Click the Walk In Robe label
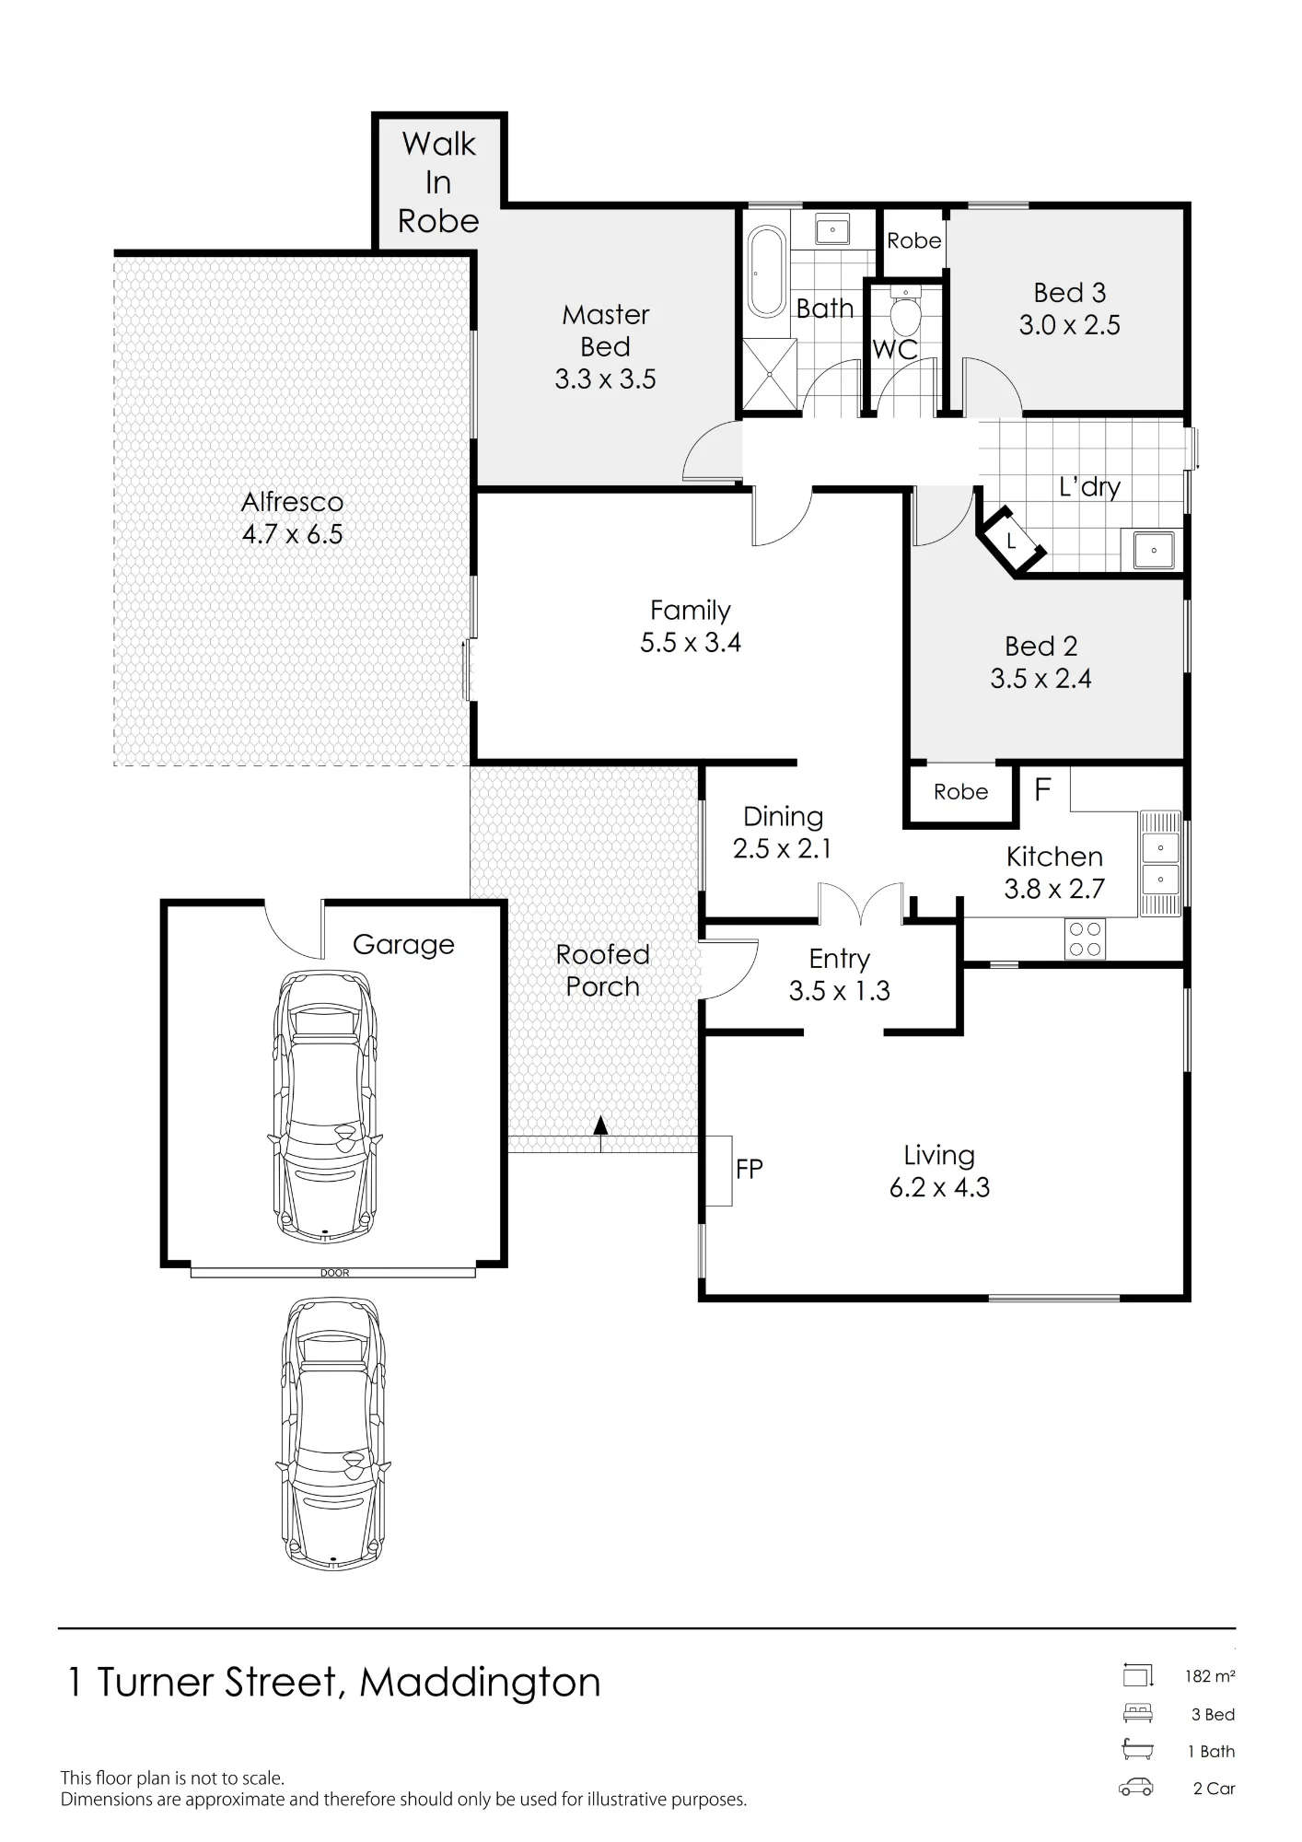coord(438,182)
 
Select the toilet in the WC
coord(906,312)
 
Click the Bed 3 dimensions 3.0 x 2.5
coord(1069,325)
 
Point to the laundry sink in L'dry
coord(1153,550)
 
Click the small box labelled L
coord(1011,542)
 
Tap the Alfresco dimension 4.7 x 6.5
coord(292,534)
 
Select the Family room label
coord(691,611)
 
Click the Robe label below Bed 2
coord(960,792)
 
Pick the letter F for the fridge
coord(1042,789)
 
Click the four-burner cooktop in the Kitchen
coord(1085,939)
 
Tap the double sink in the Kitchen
coord(1160,863)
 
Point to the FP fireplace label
coord(749,1170)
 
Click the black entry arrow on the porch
coord(600,1125)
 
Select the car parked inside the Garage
coord(326,1104)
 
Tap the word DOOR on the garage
coord(335,1273)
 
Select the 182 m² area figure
coord(1210,1676)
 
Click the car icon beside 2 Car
coord(1136,1788)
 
